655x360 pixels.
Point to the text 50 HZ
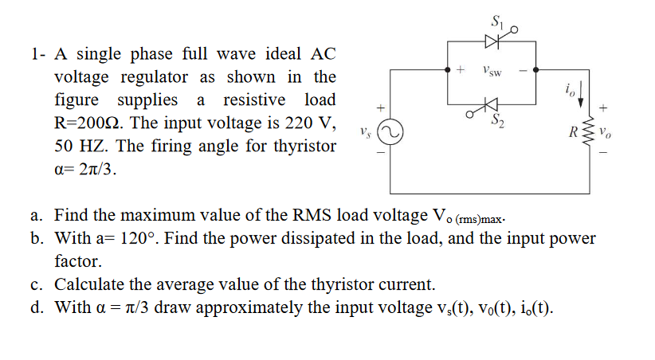click(80, 147)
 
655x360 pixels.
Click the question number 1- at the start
click(37, 54)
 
